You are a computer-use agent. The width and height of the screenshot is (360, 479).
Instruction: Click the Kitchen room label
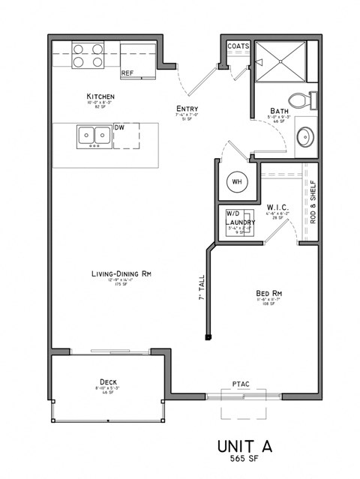(x=100, y=97)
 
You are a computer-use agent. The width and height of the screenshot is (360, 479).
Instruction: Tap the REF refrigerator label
(x=127, y=73)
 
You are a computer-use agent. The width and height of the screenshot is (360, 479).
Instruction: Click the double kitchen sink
(x=94, y=137)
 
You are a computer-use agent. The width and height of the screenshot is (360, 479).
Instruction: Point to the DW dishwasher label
(x=119, y=128)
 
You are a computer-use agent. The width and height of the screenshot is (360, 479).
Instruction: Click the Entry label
(x=187, y=109)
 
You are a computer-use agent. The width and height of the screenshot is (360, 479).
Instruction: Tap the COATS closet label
(x=238, y=46)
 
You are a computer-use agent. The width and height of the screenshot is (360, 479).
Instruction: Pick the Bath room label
(x=280, y=111)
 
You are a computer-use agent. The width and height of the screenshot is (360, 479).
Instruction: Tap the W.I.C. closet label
(x=277, y=206)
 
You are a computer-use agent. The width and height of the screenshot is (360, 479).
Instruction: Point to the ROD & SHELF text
(x=313, y=202)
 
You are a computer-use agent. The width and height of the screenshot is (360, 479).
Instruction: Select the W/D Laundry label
(x=241, y=218)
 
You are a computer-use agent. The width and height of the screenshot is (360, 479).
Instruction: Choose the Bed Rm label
(x=268, y=293)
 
